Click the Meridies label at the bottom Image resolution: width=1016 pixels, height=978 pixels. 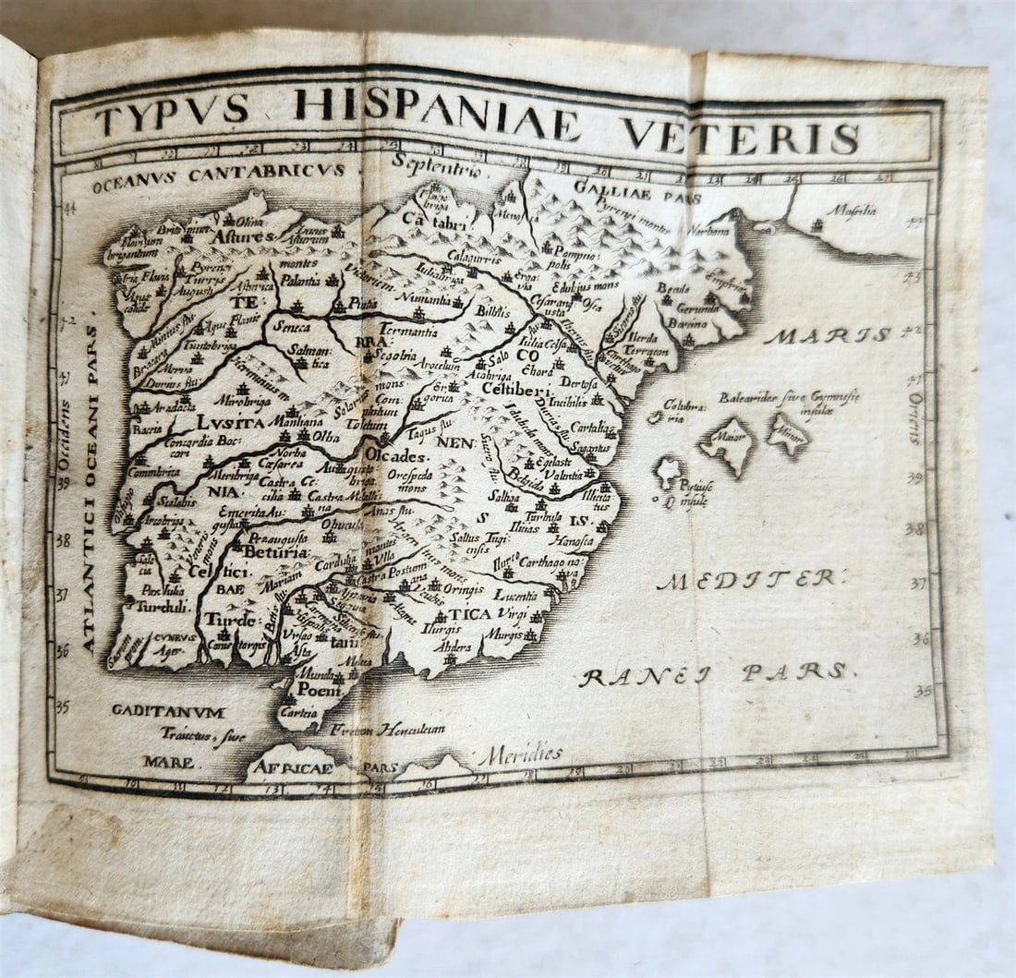coord(520,755)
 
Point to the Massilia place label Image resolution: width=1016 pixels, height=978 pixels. coord(851,210)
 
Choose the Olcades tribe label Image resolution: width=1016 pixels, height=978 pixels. coord(396,456)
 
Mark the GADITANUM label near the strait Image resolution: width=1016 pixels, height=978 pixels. coord(168,711)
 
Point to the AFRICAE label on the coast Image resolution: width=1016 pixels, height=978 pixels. coord(294,767)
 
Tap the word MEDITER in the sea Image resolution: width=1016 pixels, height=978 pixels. coord(748,580)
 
